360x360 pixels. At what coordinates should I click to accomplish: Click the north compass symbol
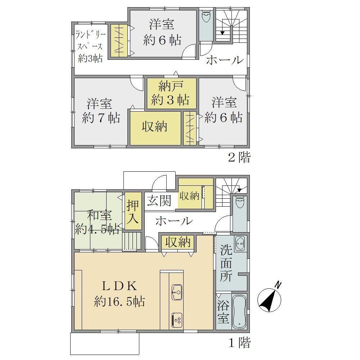tap(269, 298)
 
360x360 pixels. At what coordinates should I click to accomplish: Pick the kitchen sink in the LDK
tap(176, 292)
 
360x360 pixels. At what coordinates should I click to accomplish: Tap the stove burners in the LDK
tap(177, 320)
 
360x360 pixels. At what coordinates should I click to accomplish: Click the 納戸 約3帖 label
tap(171, 94)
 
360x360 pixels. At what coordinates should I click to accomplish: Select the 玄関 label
tap(159, 201)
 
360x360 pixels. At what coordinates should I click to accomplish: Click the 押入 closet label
tap(133, 211)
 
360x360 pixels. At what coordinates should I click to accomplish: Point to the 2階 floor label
tap(239, 158)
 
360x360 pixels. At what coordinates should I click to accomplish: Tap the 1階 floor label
tap(239, 343)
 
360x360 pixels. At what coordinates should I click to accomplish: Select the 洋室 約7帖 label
tap(101, 111)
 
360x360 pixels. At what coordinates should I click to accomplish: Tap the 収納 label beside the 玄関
tap(189, 196)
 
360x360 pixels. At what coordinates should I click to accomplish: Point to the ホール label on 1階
tap(174, 221)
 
